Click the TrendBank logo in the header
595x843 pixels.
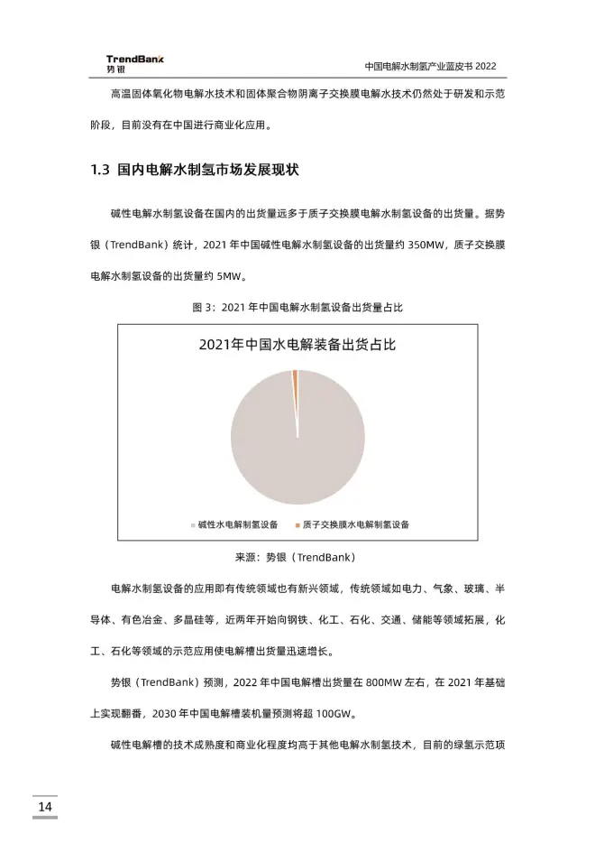tap(134, 63)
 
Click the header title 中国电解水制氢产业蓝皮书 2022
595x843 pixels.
tap(430, 67)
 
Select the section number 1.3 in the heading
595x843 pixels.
tap(100, 170)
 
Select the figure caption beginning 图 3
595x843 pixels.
tap(297, 307)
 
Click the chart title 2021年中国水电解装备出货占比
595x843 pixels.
tap(297, 344)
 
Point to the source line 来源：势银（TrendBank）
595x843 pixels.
tap(297, 557)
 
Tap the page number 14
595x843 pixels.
tap(44, 805)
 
